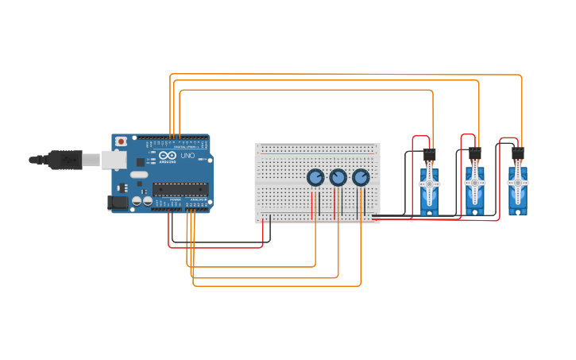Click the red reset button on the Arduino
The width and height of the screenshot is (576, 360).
[x=121, y=141]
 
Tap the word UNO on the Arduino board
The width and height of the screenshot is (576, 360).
[x=187, y=156]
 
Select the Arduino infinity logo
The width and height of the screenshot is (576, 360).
[x=166, y=155]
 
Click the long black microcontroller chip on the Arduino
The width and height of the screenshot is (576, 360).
[x=180, y=189]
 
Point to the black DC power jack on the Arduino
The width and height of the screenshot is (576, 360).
[x=118, y=202]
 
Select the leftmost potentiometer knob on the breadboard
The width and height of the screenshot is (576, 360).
[x=315, y=177]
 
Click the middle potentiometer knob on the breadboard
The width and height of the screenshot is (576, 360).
[x=338, y=177]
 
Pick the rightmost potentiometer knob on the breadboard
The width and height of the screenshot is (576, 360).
[x=361, y=177]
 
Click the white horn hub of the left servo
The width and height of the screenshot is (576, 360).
[x=430, y=184]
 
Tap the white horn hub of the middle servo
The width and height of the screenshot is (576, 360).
[x=475, y=182]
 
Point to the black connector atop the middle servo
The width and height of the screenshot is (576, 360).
[x=475, y=153]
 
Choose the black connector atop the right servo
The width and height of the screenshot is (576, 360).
[x=518, y=153]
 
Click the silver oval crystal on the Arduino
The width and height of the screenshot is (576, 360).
[x=139, y=174]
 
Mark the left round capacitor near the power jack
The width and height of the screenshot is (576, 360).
[x=137, y=201]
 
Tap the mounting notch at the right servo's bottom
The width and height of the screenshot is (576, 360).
[x=518, y=211]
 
